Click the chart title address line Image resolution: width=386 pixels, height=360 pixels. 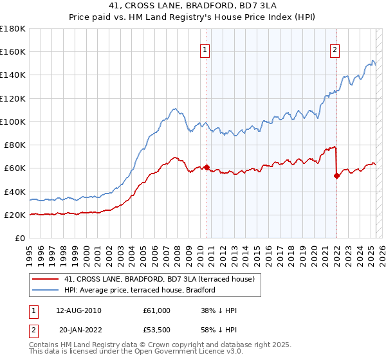click(193, 6)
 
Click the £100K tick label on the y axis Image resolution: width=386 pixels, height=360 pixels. click(13, 122)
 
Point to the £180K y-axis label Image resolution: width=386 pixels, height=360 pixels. click(13, 29)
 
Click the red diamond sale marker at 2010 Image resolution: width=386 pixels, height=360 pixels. click(207, 167)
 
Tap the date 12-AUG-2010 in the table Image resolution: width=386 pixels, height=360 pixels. click(79, 310)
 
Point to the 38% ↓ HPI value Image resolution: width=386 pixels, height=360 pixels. click(219, 310)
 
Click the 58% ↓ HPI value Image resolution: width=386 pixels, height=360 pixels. click(219, 329)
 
